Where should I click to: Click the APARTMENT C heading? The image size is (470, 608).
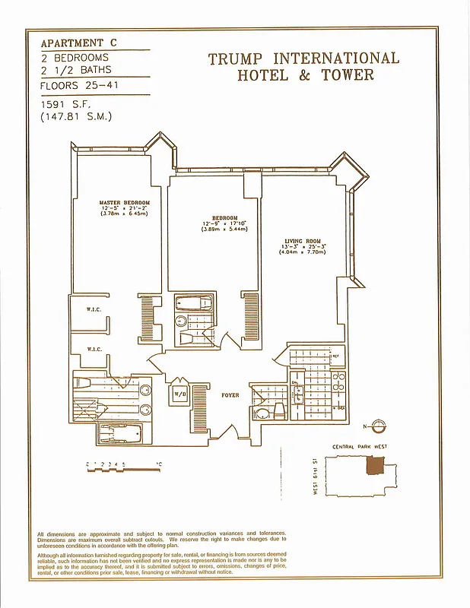tap(79, 43)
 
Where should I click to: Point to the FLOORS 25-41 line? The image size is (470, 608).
tap(75, 85)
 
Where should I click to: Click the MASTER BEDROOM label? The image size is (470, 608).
tap(124, 203)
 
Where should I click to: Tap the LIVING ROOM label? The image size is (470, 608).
tap(303, 242)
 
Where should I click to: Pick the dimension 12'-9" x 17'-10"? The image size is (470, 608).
tap(224, 223)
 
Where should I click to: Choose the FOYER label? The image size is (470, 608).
tap(230, 395)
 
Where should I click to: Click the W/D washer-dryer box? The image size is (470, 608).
tap(180, 395)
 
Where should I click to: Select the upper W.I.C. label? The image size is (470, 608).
tap(94, 309)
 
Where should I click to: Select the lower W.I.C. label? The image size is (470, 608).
tap(94, 350)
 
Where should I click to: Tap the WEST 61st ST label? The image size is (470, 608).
tap(314, 477)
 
